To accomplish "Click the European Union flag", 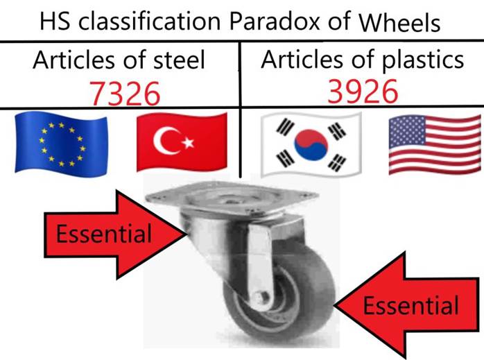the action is [61, 144].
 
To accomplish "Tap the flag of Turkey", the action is [182, 142].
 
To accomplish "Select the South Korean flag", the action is [311, 144].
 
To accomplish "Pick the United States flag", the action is [435, 144].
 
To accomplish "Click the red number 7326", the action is [125, 94].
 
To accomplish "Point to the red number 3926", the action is [363, 92].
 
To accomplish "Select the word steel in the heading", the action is [179, 60].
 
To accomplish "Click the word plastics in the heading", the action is [423, 60].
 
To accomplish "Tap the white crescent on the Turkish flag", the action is [166, 141].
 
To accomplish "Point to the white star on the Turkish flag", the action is [188, 142].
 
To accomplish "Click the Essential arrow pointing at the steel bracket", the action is [115, 234].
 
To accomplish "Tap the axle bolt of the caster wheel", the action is [259, 298].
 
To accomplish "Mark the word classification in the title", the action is [149, 22].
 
